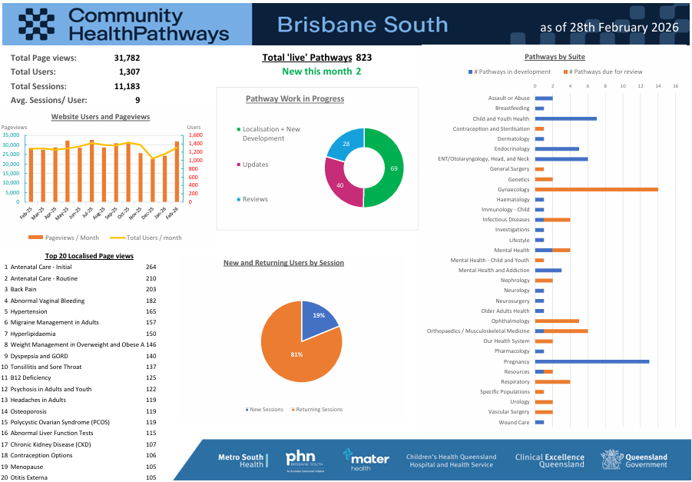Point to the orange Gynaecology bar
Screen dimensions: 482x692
click(x=597, y=189)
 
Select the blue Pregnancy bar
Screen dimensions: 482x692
click(x=592, y=361)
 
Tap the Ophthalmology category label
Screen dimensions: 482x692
click(x=510, y=321)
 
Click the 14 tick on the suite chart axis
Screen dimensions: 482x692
click(x=658, y=85)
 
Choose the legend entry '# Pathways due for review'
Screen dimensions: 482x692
click(x=606, y=71)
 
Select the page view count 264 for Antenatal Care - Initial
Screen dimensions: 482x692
click(x=151, y=267)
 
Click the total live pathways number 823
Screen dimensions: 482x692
click(x=364, y=58)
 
